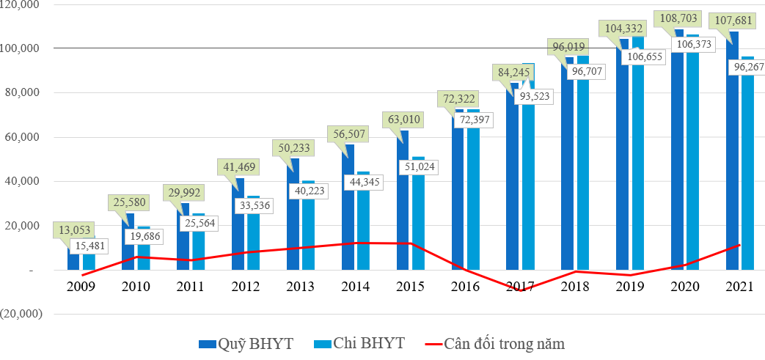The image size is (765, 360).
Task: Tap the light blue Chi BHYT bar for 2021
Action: (747, 176)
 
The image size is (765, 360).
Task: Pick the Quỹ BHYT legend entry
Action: (247, 343)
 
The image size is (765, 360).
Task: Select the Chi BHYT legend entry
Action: (359, 343)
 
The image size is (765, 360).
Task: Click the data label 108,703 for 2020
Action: (681, 18)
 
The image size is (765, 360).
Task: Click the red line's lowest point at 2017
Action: (521, 291)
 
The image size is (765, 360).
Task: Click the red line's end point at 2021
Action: (740, 245)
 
